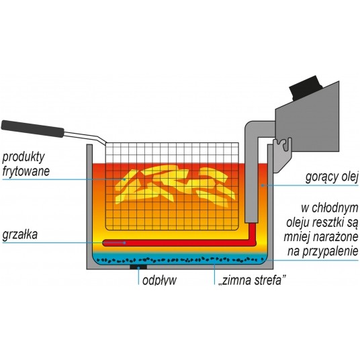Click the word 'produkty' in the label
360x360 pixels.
24,157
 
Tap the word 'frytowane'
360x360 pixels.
26,171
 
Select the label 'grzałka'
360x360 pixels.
19,234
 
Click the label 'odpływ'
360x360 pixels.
160,280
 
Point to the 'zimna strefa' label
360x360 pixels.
253,280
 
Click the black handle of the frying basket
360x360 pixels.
33,129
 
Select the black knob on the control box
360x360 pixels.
306,88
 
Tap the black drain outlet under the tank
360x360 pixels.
138,267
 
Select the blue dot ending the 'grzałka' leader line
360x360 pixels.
125,242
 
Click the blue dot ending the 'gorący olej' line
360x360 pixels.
263,185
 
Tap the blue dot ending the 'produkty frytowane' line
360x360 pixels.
125,179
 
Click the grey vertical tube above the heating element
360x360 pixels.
251,175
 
